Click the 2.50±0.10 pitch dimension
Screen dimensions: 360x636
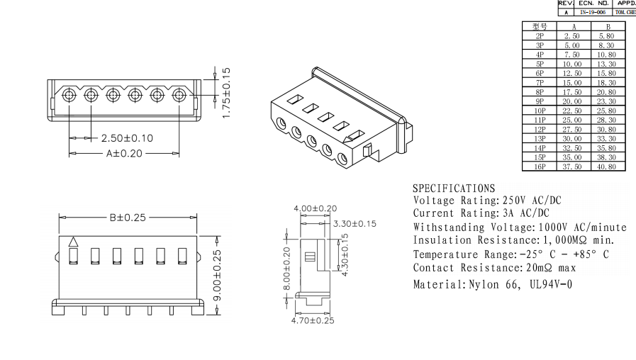click(127, 137)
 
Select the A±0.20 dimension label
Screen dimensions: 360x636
click(124, 153)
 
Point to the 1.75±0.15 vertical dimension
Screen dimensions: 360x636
click(227, 92)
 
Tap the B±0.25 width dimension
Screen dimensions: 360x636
click(128, 218)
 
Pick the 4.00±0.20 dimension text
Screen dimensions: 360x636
click(316, 208)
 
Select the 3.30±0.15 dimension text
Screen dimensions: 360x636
click(354, 224)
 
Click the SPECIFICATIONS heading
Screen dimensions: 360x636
click(454, 189)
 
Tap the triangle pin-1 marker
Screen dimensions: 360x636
click(73, 242)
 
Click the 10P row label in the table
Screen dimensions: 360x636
click(540, 111)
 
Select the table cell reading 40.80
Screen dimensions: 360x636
click(607, 167)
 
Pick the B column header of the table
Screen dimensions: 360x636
click(607, 26)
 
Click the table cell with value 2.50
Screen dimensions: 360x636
click(571, 35)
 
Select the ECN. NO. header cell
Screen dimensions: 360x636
click(593, 4)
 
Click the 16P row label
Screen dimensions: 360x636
click(540, 167)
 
